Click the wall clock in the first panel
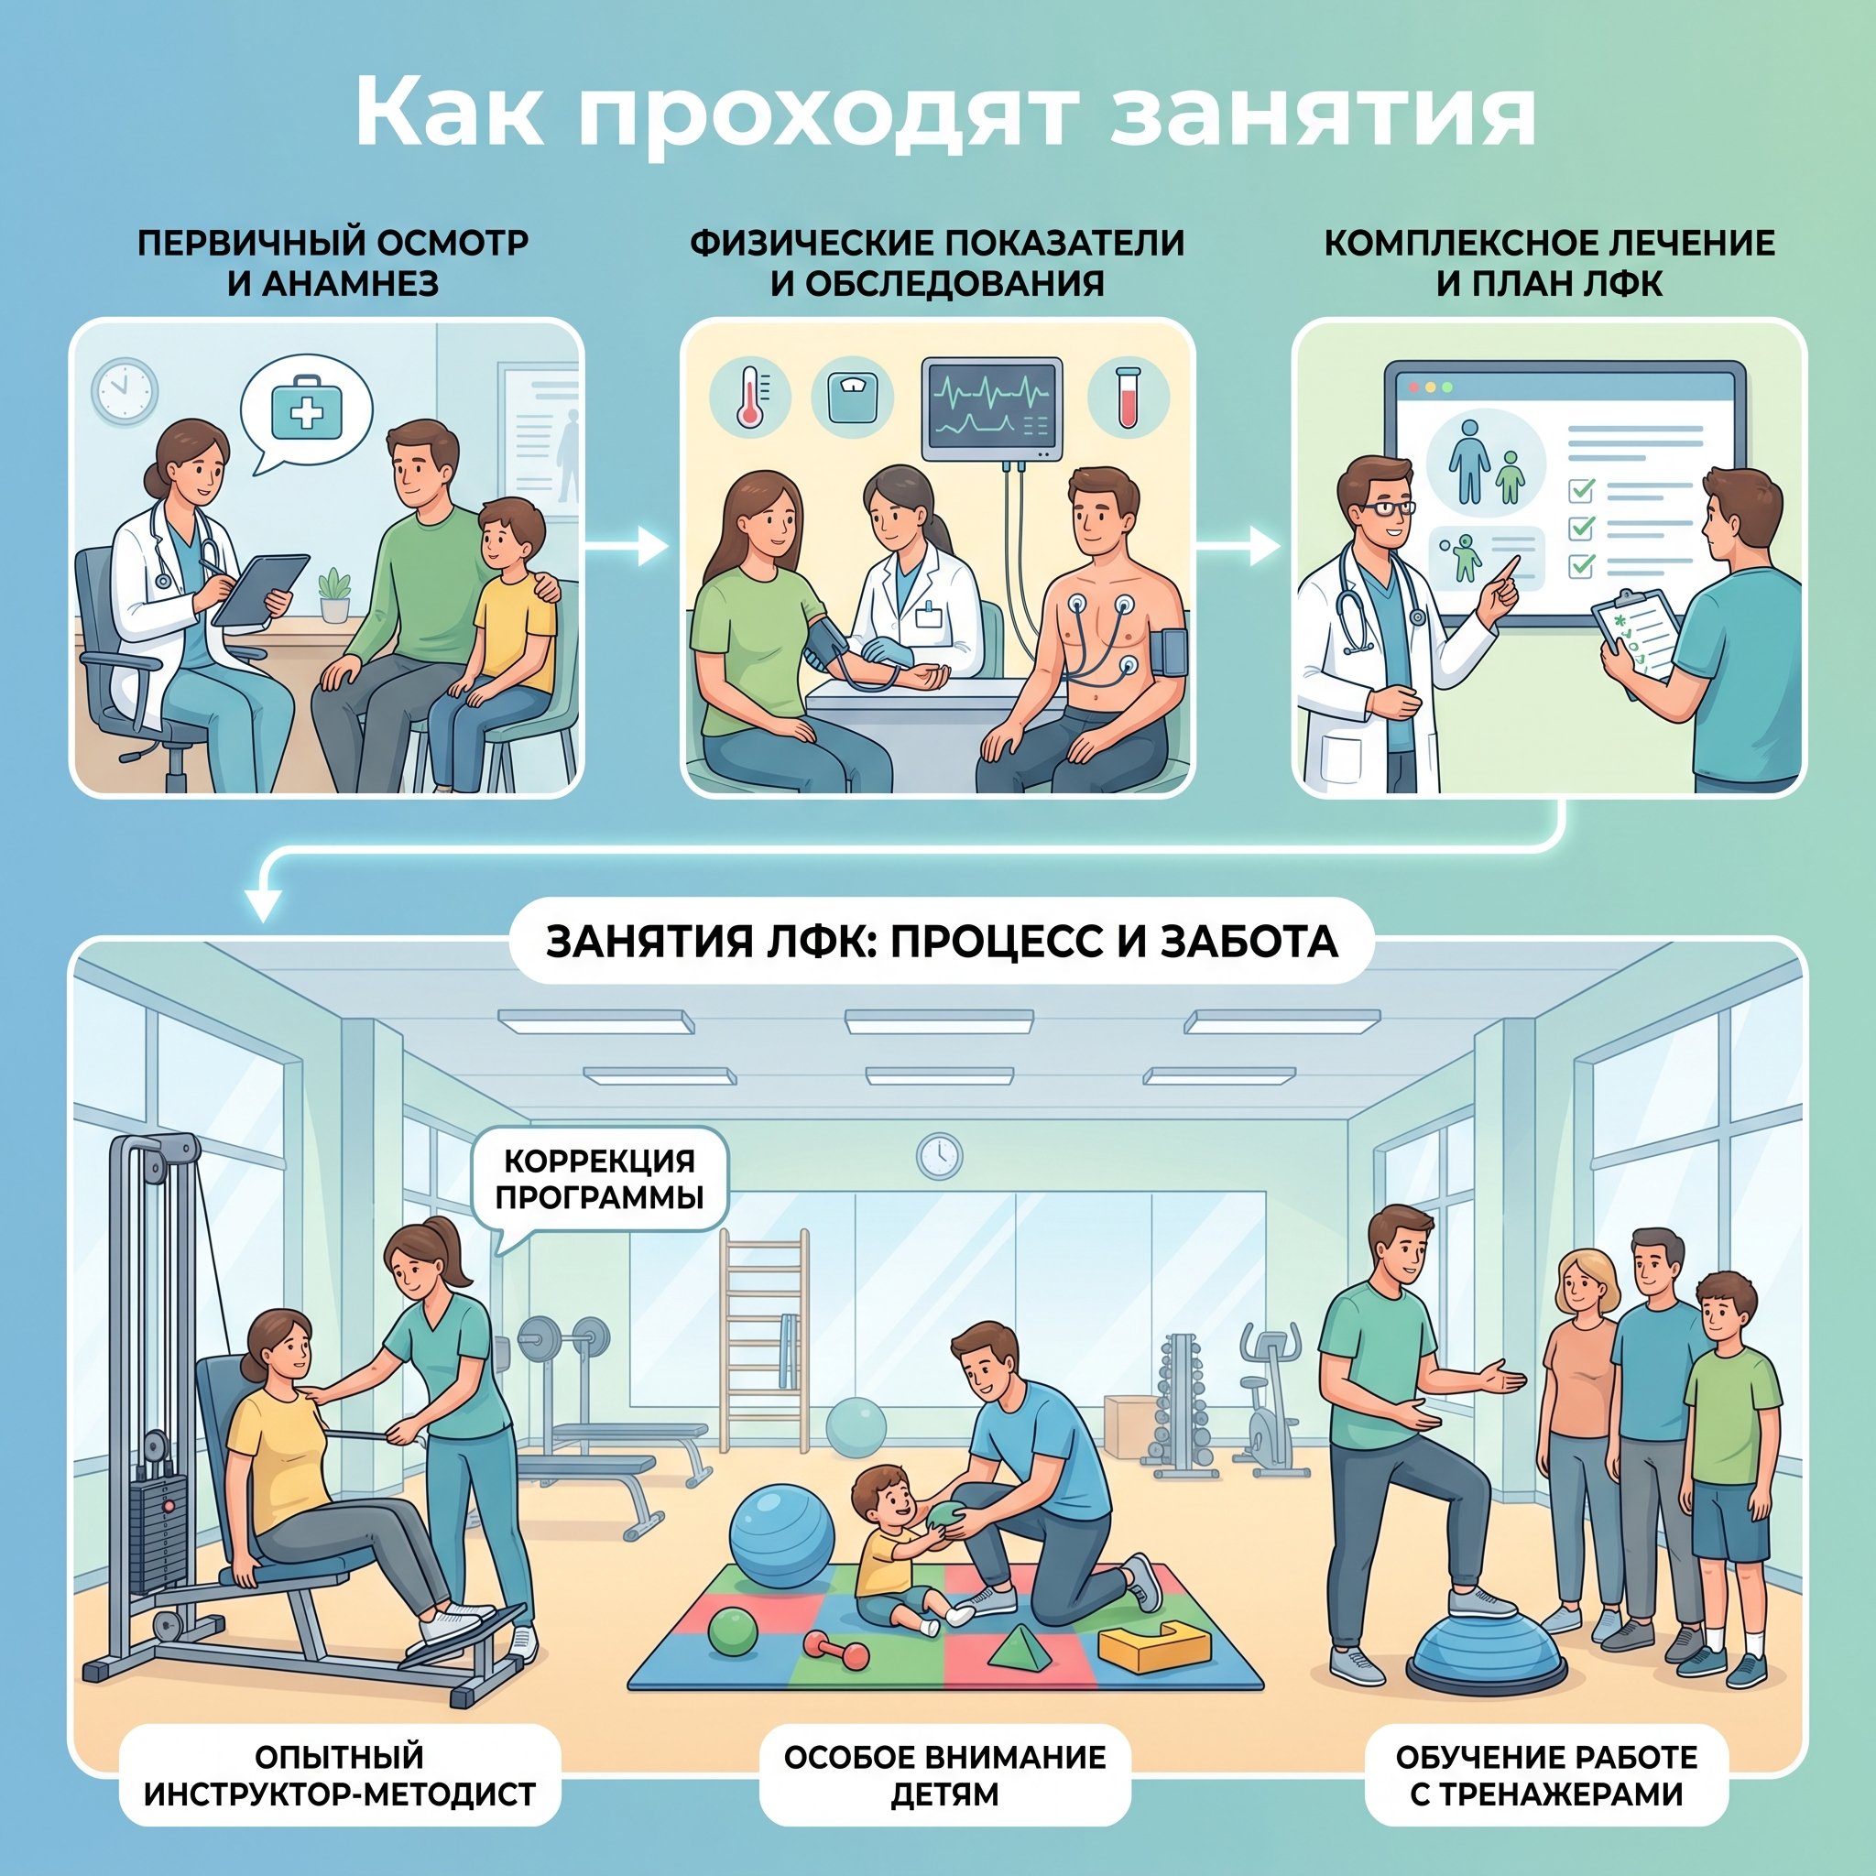(x=125, y=389)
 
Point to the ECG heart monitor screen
(x=991, y=409)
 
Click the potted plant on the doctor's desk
(x=334, y=594)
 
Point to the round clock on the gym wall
(x=939, y=1157)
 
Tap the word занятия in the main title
(x=1323, y=115)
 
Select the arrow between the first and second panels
(x=628, y=547)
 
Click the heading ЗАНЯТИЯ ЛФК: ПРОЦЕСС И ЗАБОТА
(x=942, y=941)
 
